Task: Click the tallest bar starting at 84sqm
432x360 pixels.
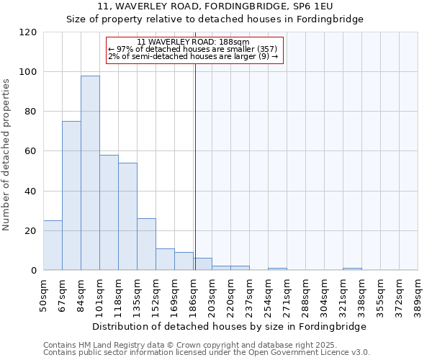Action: (x=90, y=173)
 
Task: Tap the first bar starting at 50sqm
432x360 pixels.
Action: (x=53, y=245)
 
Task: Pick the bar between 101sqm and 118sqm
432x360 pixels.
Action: (x=109, y=212)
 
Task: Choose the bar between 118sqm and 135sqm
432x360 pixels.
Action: (x=127, y=216)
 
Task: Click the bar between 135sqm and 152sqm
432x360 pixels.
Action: (x=146, y=244)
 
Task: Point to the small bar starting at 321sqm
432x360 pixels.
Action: (x=352, y=269)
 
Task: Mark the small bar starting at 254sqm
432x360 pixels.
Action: (x=277, y=269)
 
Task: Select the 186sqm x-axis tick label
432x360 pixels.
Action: (x=194, y=295)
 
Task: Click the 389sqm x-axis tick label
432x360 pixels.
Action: (x=418, y=295)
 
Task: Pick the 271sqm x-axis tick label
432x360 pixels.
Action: (x=287, y=295)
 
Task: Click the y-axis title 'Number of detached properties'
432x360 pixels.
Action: (x=6, y=155)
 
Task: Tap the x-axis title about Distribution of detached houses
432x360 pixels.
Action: (x=229, y=326)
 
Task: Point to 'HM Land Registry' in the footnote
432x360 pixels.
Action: (x=105, y=345)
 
